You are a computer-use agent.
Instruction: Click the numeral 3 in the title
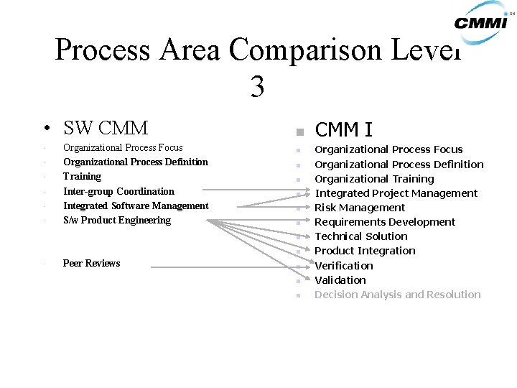click(258, 87)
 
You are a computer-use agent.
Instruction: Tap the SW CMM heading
click(106, 128)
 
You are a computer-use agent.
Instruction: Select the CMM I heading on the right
click(343, 129)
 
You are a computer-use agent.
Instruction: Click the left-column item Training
click(82, 176)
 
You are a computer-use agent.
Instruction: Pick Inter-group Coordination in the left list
click(118, 191)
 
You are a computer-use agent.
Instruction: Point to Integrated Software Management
click(136, 205)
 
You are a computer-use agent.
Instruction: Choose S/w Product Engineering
click(117, 220)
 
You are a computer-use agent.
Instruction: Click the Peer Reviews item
click(91, 263)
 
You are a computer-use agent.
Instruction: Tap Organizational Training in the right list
click(374, 179)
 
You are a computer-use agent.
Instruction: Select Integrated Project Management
click(396, 193)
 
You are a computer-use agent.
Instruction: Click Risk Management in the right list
click(360, 208)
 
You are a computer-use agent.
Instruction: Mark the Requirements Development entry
click(385, 222)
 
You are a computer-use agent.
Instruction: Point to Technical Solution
click(360, 236)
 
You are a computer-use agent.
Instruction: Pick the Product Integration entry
click(365, 251)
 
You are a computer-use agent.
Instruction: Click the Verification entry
click(344, 266)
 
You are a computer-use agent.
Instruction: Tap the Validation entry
click(340, 280)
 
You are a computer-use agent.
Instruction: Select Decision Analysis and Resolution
click(398, 295)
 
